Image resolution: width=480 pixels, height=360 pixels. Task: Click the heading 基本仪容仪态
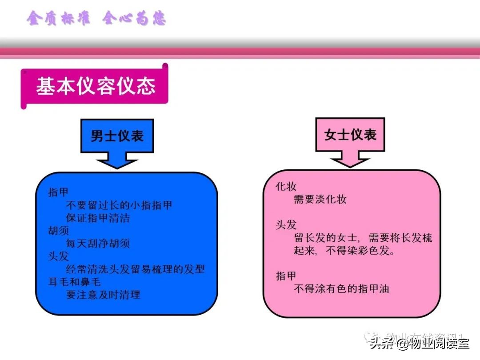(96, 86)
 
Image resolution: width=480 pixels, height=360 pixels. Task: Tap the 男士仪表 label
(117, 136)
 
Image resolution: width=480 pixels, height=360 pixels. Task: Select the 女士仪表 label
(351, 135)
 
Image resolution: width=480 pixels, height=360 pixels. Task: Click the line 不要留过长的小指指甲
(119, 205)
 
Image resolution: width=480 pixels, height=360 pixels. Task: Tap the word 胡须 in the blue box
(59, 231)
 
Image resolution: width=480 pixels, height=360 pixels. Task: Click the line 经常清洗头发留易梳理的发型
(135, 269)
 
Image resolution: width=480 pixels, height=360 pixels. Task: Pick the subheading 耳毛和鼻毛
(75, 282)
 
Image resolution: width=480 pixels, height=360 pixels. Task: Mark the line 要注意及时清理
(103, 295)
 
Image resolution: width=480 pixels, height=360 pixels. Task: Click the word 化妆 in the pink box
(286, 187)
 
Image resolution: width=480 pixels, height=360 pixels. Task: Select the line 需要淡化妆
(320, 200)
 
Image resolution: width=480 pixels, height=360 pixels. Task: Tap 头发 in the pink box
(286, 225)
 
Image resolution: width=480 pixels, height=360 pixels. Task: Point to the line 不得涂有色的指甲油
(341, 289)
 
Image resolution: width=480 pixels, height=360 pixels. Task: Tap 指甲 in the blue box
(59, 192)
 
